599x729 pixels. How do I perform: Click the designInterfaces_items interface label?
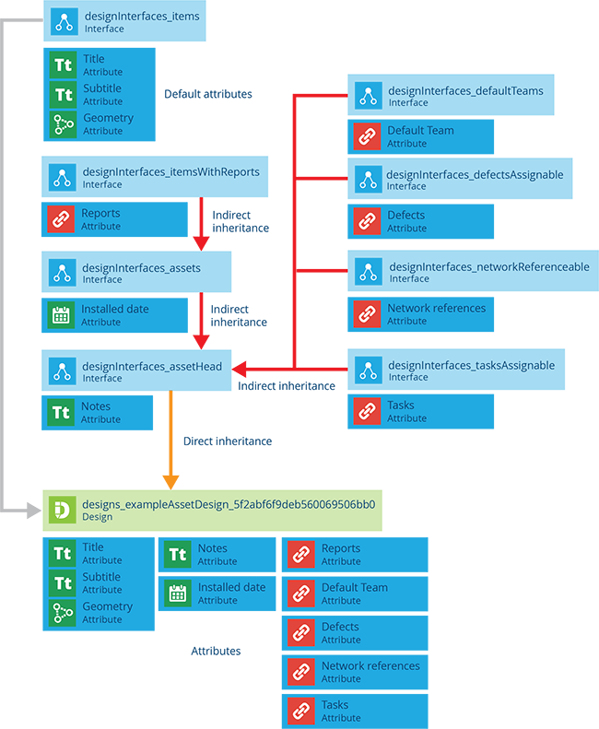[141, 17]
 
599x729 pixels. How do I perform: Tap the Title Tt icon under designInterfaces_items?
[63, 65]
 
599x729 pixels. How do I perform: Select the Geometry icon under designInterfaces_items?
[63, 124]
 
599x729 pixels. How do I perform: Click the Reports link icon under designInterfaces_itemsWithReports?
[61, 219]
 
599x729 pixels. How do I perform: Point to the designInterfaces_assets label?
[141, 268]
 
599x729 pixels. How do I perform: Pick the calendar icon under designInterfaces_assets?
[61, 315]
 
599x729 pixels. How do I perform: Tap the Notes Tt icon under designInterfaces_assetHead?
[61, 412]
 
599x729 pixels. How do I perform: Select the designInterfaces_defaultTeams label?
[465, 91]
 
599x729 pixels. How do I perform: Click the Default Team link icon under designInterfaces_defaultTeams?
[367, 136]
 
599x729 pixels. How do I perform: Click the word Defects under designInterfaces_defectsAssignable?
[406, 216]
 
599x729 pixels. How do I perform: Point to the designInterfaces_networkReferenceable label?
[488, 267]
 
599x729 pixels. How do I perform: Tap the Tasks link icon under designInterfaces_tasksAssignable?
[367, 411]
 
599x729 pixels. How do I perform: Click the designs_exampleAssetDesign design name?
[229, 505]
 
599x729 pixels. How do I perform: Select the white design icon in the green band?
[62, 510]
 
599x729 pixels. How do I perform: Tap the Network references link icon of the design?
[300, 671]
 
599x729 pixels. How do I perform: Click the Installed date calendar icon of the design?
[178, 593]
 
